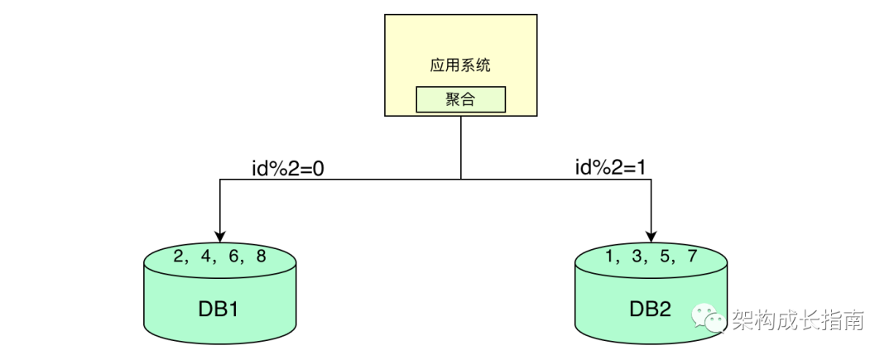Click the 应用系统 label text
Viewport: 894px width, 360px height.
point(460,65)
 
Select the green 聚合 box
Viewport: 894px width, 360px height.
point(460,100)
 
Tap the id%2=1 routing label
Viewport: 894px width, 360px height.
point(610,168)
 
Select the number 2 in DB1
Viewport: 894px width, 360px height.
point(178,257)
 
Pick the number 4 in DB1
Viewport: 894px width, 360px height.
point(205,257)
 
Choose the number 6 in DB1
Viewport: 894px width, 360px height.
point(233,257)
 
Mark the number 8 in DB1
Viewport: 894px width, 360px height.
point(261,257)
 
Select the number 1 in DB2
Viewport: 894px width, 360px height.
point(610,257)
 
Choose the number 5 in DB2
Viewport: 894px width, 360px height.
point(665,257)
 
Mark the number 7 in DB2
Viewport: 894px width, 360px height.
point(692,257)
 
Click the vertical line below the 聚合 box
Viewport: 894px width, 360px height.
point(460,147)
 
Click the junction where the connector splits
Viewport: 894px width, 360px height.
point(460,179)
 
